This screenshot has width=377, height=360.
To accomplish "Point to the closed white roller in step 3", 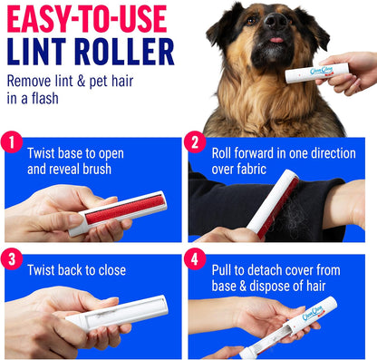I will (118, 313).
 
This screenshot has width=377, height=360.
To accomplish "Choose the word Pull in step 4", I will (223, 270).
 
